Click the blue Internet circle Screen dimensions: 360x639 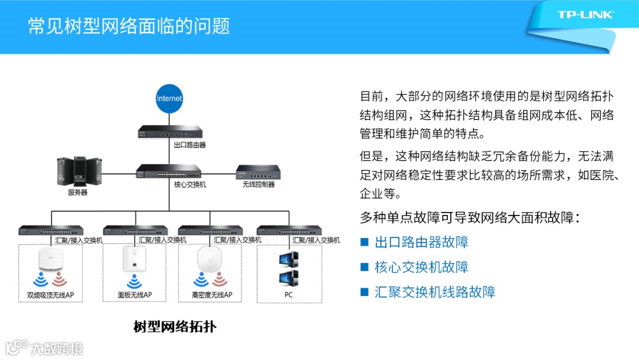169,98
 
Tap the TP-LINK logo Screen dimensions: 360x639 586,15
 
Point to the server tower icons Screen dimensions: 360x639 78,172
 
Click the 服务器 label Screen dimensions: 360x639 78,192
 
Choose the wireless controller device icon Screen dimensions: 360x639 258,172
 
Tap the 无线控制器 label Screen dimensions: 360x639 258,185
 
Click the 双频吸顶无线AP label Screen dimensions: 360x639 50,295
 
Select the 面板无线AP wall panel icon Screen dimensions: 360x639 135,261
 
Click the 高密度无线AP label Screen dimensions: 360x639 212,295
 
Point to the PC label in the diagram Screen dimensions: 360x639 288,294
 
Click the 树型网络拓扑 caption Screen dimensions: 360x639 175,326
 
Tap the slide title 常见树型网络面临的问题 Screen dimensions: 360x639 129,26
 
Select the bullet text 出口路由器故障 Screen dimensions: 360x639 421,242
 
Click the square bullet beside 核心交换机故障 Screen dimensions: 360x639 364,268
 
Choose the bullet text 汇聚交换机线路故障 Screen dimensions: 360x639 435,292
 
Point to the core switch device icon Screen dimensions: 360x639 169,172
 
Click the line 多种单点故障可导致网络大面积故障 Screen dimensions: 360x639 470,217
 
